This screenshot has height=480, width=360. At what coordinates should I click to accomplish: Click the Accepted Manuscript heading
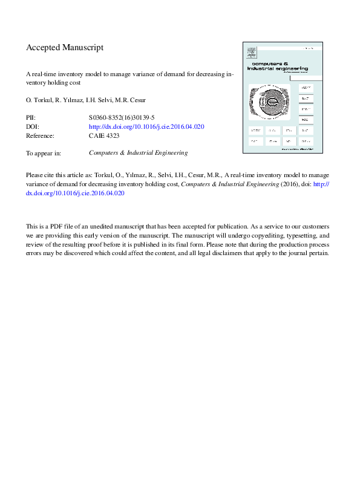[x=65, y=47]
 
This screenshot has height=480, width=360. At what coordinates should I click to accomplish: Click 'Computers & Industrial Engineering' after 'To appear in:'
[x=138, y=153]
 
